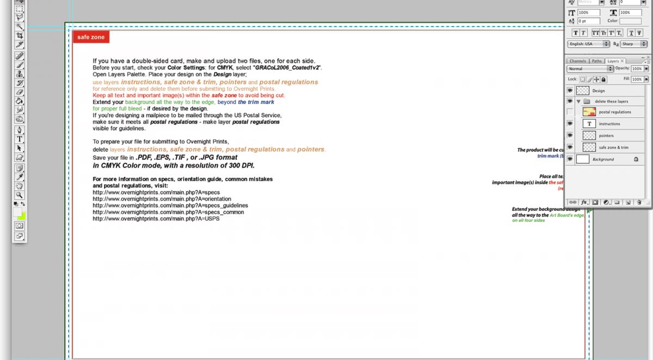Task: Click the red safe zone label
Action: [x=91, y=37]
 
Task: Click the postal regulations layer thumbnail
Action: [x=589, y=112]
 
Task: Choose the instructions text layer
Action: [x=609, y=124]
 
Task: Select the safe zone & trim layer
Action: [x=613, y=147]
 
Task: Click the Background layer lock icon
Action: [x=636, y=159]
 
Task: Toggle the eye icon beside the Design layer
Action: [x=570, y=91]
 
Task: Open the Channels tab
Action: [x=577, y=61]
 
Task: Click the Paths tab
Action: [x=597, y=61]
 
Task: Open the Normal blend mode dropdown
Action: [x=590, y=69]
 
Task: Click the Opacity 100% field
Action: [x=637, y=69]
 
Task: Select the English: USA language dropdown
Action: [x=588, y=44]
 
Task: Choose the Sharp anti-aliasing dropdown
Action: [x=634, y=44]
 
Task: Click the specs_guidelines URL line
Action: [x=170, y=206]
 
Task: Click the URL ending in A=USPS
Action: [x=156, y=219]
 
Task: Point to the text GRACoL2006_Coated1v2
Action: [x=286, y=67]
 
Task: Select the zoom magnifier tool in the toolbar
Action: [x=20, y=195]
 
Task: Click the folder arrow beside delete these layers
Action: [x=578, y=102]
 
